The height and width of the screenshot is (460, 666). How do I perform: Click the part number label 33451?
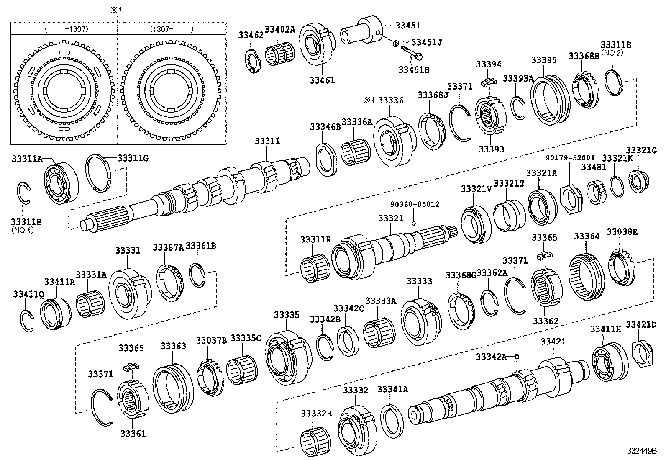407,26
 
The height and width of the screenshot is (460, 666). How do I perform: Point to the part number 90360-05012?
415,204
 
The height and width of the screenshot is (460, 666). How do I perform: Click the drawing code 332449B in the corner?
641,451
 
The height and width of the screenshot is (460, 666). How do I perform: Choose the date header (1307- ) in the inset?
172,29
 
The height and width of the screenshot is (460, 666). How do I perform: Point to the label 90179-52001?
570,158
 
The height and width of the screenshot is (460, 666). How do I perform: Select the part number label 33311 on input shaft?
267,142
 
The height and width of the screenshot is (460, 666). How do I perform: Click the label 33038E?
622,231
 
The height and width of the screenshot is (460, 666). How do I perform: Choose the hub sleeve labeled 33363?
173,390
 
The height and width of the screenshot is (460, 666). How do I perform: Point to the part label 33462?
251,35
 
